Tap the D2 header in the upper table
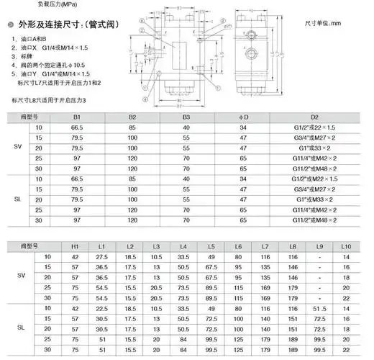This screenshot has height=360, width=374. (x=315, y=117)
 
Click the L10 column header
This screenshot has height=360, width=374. (x=346, y=247)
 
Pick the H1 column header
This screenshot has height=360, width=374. (x=76, y=247)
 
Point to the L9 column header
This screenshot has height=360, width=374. (x=321, y=247)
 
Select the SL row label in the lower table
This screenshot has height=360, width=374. (x=21, y=327)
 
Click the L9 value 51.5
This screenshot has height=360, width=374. (x=321, y=308)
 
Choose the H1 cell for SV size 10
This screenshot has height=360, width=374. (x=76, y=257)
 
